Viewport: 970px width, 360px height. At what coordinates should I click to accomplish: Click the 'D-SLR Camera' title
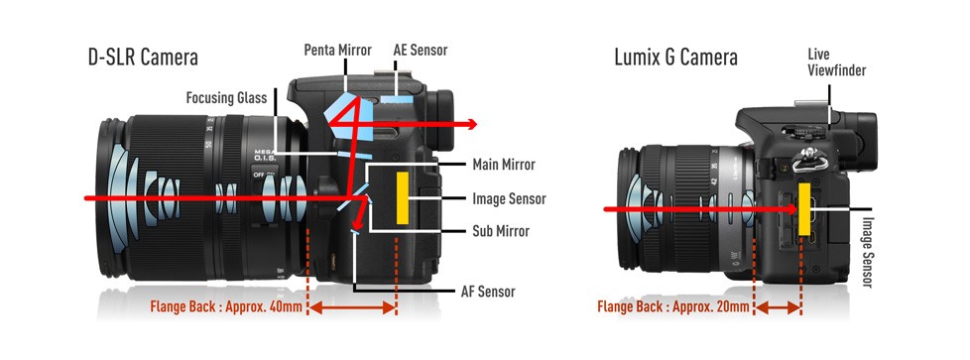point(143,57)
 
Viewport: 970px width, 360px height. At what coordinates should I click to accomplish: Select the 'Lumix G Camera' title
point(675,57)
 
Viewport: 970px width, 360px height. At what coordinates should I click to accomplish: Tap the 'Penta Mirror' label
point(338,51)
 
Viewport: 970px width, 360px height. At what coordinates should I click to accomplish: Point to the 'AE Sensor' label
point(421,51)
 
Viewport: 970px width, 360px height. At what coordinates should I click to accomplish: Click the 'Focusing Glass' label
point(226,98)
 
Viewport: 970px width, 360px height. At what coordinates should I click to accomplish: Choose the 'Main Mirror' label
point(504,165)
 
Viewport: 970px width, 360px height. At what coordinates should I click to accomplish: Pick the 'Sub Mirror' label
point(501,231)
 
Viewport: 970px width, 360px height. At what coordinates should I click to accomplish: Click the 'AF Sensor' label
point(488,291)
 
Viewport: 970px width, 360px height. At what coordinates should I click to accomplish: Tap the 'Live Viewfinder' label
point(836,62)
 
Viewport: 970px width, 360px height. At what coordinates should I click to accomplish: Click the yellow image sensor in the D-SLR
point(402,198)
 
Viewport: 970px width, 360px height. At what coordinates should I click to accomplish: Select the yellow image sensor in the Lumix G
point(804,209)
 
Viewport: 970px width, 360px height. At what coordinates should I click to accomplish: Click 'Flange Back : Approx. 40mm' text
point(226,306)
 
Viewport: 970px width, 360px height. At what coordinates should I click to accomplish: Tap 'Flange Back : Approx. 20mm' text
point(673,306)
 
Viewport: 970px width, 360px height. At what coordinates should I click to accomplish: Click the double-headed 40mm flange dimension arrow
point(352,307)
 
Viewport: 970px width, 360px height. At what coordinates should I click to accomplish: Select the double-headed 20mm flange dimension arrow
point(778,307)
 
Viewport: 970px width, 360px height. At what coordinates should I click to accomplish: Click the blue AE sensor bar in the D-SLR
point(397,98)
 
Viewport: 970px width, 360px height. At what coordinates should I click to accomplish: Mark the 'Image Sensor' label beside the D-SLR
point(509,198)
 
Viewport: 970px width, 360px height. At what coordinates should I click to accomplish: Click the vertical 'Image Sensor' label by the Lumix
point(867,252)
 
